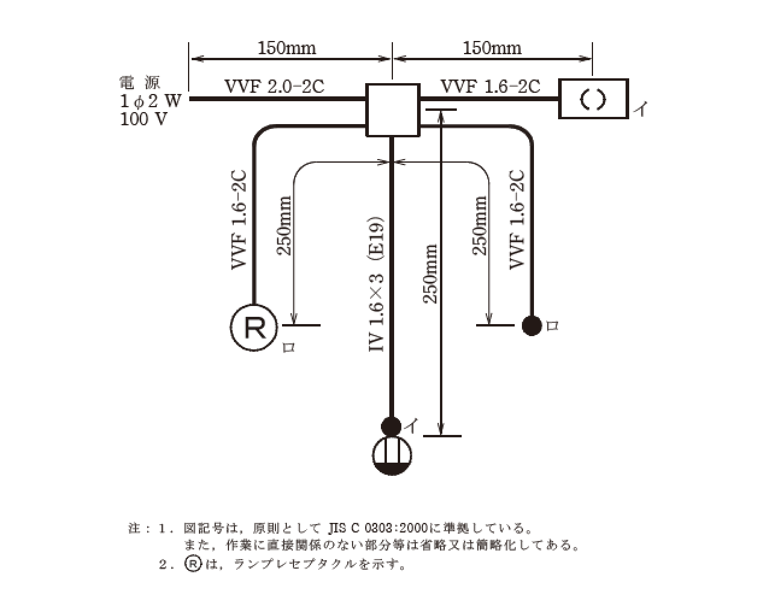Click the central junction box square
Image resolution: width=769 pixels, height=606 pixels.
(x=392, y=110)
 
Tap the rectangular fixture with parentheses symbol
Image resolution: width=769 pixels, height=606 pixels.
(x=594, y=99)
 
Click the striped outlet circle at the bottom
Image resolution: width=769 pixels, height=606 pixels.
(x=392, y=455)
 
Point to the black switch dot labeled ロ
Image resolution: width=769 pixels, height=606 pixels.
(x=532, y=325)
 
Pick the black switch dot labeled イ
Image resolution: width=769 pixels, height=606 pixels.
(x=391, y=426)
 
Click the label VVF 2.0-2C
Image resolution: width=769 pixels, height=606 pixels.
(x=274, y=87)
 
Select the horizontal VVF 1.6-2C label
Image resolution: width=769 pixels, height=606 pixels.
(x=490, y=87)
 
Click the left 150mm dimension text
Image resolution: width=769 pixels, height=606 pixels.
(x=287, y=48)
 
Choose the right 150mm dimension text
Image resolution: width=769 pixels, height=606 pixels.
(x=492, y=48)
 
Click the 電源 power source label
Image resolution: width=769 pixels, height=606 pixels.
(x=140, y=83)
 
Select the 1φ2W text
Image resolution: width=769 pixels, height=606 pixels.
(x=150, y=101)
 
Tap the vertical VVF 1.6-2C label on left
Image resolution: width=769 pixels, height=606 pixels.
(x=239, y=219)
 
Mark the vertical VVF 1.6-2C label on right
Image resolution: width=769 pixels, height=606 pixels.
(x=517, y=219)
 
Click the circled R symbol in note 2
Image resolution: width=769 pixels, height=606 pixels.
(x=192, y=564)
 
